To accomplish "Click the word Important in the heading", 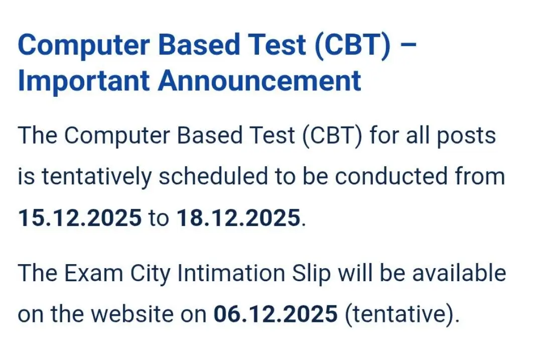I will point(83,81).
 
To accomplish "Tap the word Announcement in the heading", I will point(260,81).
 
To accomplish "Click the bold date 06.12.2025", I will point(276,314).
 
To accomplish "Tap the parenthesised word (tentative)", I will point(402,314).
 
